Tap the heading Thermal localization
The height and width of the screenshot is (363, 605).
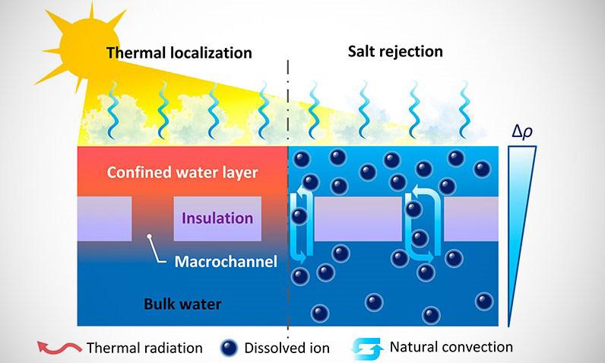point(179,53)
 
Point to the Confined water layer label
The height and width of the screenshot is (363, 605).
point(193,172)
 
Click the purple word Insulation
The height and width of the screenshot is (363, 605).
point(217,218)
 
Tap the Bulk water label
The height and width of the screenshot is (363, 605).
point(182,305)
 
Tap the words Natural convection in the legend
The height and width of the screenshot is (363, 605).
point(451,347)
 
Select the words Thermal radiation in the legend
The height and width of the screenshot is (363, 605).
point(144,349)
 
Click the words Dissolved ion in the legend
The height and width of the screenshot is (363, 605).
point(287,349)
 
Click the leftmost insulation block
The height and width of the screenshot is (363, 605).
point(104,218)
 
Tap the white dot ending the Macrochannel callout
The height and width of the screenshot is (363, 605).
point(150,239)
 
